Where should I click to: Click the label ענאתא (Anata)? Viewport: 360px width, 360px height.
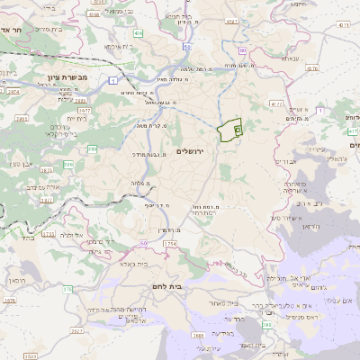point(290,58)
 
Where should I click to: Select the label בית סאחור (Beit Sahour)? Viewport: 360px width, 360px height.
point(223,305)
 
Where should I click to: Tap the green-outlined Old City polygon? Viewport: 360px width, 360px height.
point(231,130)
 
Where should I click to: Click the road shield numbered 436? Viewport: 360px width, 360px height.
point(136,32)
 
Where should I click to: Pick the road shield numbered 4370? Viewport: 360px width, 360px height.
point(311,67)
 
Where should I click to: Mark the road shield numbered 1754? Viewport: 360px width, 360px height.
point(171,243)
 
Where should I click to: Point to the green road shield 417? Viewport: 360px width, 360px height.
point(353,132)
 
